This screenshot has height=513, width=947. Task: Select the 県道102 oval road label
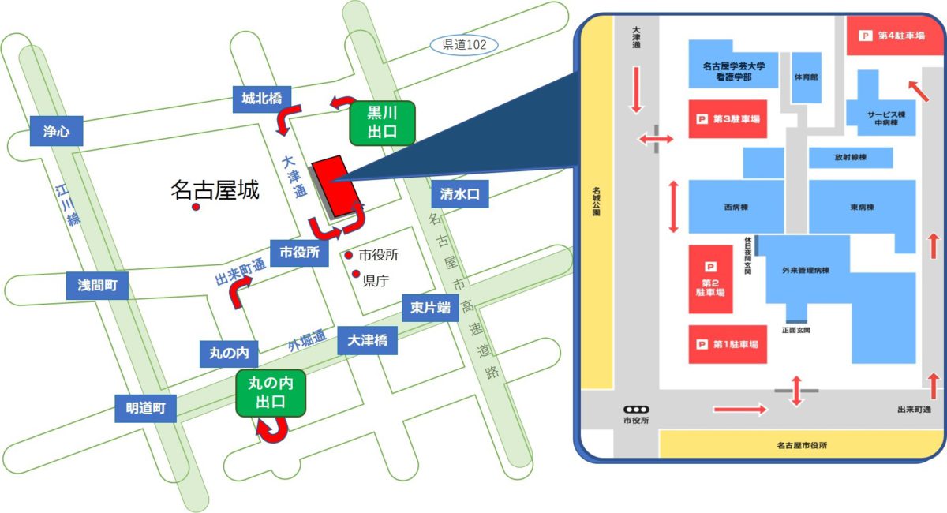click(x=463, y=45)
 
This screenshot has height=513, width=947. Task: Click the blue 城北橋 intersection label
click(x=262, y=99)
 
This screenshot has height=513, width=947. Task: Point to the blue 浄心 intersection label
click(x=55, y=131)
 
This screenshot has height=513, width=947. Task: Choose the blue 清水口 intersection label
click(x=460, y=193)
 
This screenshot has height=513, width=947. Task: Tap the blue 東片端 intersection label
click(x=429, y=308)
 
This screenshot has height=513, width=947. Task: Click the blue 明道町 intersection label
click(x=145, y=408)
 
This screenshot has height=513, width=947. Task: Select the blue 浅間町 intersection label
click(x=96, y=286)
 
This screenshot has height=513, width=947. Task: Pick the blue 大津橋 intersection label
click(x=367, y=341)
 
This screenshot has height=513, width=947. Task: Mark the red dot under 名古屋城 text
click(x=196, y=208)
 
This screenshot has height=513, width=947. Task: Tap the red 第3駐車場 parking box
click(x=728, y=119)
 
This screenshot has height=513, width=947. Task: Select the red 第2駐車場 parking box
click(x=710, y=279)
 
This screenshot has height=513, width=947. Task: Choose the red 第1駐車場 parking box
click(x=728, y=344)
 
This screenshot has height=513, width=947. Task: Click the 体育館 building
click(x=806, y=77)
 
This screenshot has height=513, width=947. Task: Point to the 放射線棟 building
click(x=851, y=158)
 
